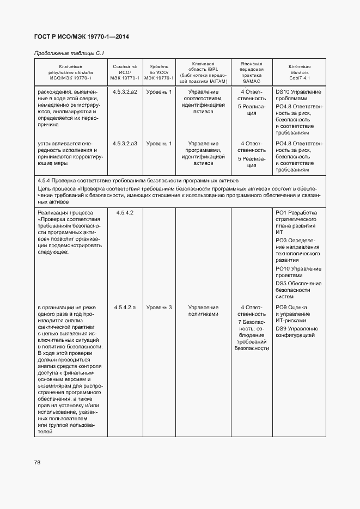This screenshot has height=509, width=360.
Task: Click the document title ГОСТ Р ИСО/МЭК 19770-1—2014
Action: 81,37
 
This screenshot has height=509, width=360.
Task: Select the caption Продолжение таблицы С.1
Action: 69,53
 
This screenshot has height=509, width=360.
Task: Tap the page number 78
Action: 38,462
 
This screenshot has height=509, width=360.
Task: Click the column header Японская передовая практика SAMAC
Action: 252,72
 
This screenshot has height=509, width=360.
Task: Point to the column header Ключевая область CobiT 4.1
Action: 299,72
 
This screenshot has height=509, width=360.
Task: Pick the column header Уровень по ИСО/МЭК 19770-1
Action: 158,72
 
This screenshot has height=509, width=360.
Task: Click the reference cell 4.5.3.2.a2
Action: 125,92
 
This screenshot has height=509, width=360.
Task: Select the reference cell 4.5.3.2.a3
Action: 125,143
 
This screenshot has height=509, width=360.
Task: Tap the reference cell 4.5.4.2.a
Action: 125,308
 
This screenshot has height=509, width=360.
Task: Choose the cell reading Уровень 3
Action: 158,308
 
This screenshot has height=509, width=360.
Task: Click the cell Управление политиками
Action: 203,311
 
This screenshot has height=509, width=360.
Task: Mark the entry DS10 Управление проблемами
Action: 298,95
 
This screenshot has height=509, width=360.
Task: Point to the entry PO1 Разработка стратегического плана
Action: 298,222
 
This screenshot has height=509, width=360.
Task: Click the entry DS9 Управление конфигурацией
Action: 297,332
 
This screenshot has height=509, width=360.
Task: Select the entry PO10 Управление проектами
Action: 298,272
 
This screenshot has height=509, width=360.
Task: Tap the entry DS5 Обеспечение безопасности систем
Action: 298,290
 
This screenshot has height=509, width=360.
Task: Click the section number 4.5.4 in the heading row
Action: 46,181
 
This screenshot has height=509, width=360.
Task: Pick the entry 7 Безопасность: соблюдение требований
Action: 252,335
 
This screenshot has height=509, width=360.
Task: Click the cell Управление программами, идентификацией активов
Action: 203,153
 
